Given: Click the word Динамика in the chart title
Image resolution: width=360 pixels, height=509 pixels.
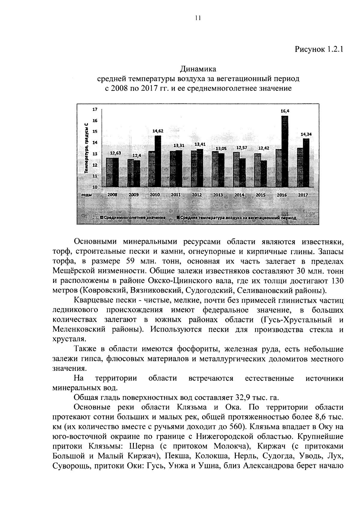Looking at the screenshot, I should coord(198,69).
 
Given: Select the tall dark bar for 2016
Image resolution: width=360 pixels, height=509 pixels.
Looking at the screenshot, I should coord(285,151).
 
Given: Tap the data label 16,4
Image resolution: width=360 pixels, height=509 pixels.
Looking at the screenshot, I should coord(285,111).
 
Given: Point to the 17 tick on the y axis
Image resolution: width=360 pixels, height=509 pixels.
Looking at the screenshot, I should coord(95,109).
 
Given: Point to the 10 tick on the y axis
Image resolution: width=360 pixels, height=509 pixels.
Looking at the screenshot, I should coord(95,187).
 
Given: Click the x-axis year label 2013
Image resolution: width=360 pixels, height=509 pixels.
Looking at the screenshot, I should coord(218,195).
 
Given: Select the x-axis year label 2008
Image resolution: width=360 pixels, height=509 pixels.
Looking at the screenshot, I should coord(112,195).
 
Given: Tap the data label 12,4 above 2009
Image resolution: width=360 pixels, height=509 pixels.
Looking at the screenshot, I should coord(136,156).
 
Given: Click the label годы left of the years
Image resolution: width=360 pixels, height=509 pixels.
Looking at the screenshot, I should coord(86,195).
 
